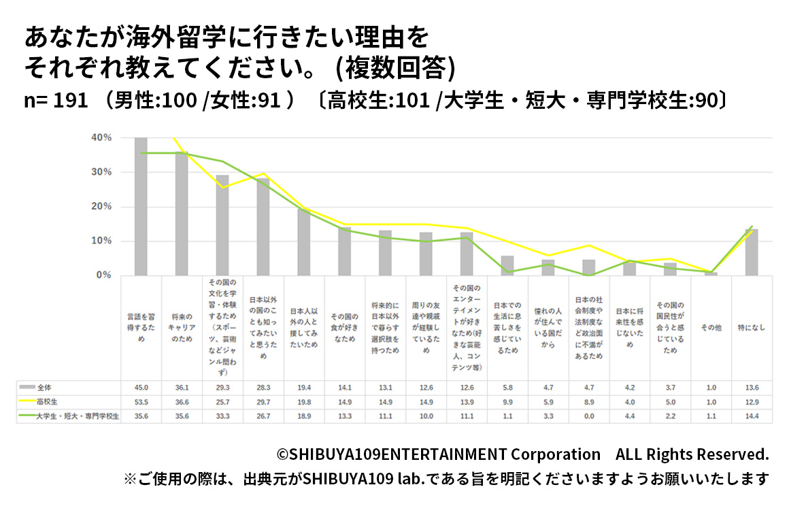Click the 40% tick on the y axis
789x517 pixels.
click(x=101, y=137)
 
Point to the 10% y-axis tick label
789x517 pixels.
click(x=101, y=241)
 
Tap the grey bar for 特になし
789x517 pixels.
click(x=752, y=252)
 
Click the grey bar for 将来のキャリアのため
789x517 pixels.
click(x=182, y=214)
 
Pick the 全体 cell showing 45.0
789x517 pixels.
click(x=141, y=387)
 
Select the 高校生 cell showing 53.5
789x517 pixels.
click(x=141, y=401)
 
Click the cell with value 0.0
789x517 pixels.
click(x=589, y=416)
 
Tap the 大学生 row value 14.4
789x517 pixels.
click(x=752, y=416)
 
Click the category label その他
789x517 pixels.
click(x=711, y=328)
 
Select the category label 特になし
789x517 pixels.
click(x=752, y=328)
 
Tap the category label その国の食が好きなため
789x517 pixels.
click(x=345, y=328)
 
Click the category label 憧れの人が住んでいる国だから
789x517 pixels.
click(x=548, y=328)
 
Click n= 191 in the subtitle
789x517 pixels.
click(x=56, y=101)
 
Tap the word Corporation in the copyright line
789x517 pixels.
click(x=556, y=454)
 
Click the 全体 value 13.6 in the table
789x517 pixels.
click(x=752, y=387)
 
